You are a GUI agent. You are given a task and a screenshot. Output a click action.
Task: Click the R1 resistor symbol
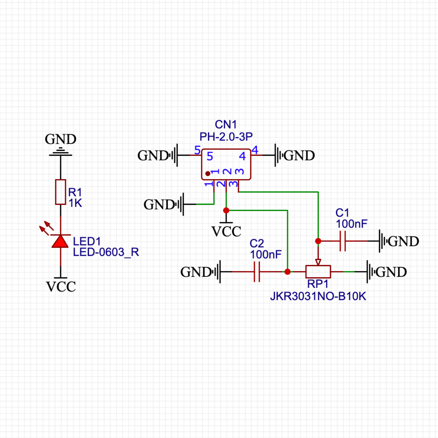(60, 192)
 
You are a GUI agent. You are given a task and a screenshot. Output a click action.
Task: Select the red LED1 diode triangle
(60, 241)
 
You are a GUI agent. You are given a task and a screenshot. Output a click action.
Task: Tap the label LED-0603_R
(106, 252)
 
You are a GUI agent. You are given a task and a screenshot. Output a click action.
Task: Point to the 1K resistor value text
(75, 203)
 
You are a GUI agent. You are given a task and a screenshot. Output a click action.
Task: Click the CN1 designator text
(226, 125)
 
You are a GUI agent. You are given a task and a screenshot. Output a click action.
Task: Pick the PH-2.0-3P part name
(226, 137)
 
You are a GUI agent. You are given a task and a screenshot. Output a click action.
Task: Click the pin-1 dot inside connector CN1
(208, 174)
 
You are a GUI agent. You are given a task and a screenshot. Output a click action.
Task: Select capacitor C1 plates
(343, 241)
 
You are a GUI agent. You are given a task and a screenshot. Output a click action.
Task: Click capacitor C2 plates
(257, 272)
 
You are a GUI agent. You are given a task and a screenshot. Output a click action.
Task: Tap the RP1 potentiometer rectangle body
(318, 272)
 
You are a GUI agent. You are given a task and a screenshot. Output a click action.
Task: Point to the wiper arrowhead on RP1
(318, 262)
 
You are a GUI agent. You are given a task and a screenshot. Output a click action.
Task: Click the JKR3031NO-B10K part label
(318, 296)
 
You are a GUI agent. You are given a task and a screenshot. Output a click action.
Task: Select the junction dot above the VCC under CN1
(226, 210)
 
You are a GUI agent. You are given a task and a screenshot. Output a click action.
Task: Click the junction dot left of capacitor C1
(318, 241)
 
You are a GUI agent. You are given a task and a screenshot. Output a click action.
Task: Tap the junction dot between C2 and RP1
(287, 272)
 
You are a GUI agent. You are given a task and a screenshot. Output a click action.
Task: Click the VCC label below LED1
(61, 287)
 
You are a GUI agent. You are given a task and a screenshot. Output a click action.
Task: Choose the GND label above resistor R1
(60, 139)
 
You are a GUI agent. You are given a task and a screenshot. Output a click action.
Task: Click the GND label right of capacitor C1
(403, 241)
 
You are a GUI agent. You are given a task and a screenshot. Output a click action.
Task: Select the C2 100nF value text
(266, 255)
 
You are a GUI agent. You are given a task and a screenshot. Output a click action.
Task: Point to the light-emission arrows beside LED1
(46, 228)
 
